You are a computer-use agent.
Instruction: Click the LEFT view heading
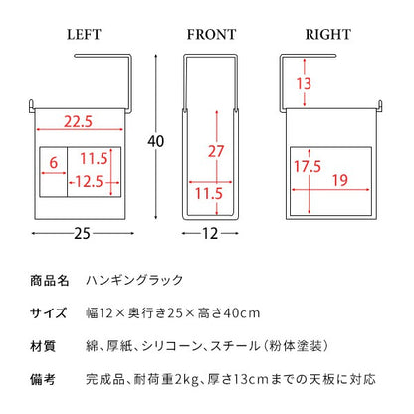tap(84, 35)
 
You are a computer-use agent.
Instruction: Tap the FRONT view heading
tap(211, 35)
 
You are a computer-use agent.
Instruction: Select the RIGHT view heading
tap(328, 35)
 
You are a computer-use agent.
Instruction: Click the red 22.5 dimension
tap(78, 121)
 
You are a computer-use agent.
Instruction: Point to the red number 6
tap(54, 163)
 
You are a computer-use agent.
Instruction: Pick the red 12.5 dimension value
tap(89, 181)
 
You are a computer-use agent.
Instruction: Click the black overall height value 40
tap(156, 141)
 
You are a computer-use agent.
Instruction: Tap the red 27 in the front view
tap(216, 151)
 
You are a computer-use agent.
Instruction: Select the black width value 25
tap(82, 234)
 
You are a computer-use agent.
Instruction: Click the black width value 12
tap(210, 234)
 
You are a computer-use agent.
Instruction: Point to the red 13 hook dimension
tap(304, 83)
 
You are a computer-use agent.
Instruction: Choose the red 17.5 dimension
tap(308, 166)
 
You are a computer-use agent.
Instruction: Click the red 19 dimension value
tap(340, 180)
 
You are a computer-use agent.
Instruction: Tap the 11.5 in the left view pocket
tap(94, 159)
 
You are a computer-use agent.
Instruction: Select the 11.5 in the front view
tap(208, 194)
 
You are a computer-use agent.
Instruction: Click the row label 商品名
tap(50, 281)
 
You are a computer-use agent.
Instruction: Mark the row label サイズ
tap(49, 312)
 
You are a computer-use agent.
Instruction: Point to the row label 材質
tap(43, 346)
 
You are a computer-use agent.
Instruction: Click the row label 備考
tap(43, 379)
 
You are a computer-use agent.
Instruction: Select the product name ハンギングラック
tap(134, 280)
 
